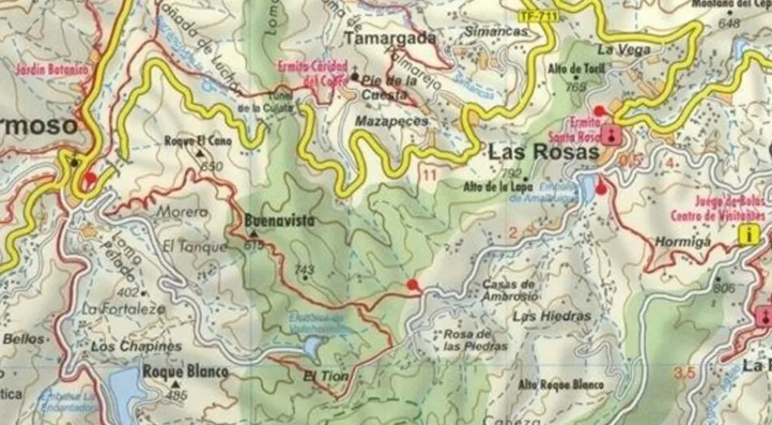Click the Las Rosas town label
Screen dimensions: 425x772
[543, 153]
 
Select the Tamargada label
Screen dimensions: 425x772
[390, 38]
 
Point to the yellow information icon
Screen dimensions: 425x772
[747, 235]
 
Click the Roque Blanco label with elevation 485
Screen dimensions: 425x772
[185, 372]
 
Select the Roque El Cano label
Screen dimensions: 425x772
[198, 141]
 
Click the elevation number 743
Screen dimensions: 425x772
[305, 269]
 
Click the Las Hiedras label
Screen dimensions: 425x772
[551, 316]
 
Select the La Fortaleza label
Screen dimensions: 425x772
[124, 309]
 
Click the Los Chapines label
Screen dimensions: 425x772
[136, 346]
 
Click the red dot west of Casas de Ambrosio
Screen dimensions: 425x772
[413, 285]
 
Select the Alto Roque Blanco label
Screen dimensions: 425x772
[560, 385]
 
